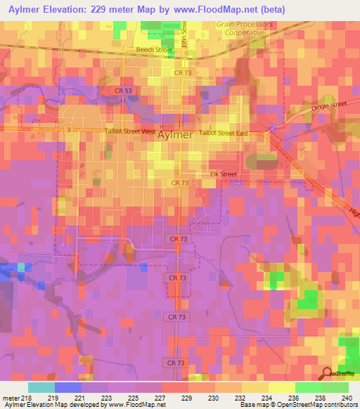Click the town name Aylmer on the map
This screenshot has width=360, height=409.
coord(175,134)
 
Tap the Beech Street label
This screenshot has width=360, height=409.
coord(154,51)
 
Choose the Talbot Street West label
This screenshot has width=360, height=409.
coord(129,131)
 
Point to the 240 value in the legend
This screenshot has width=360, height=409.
coord(345,398)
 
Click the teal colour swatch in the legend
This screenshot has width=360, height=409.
coord(41,387)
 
